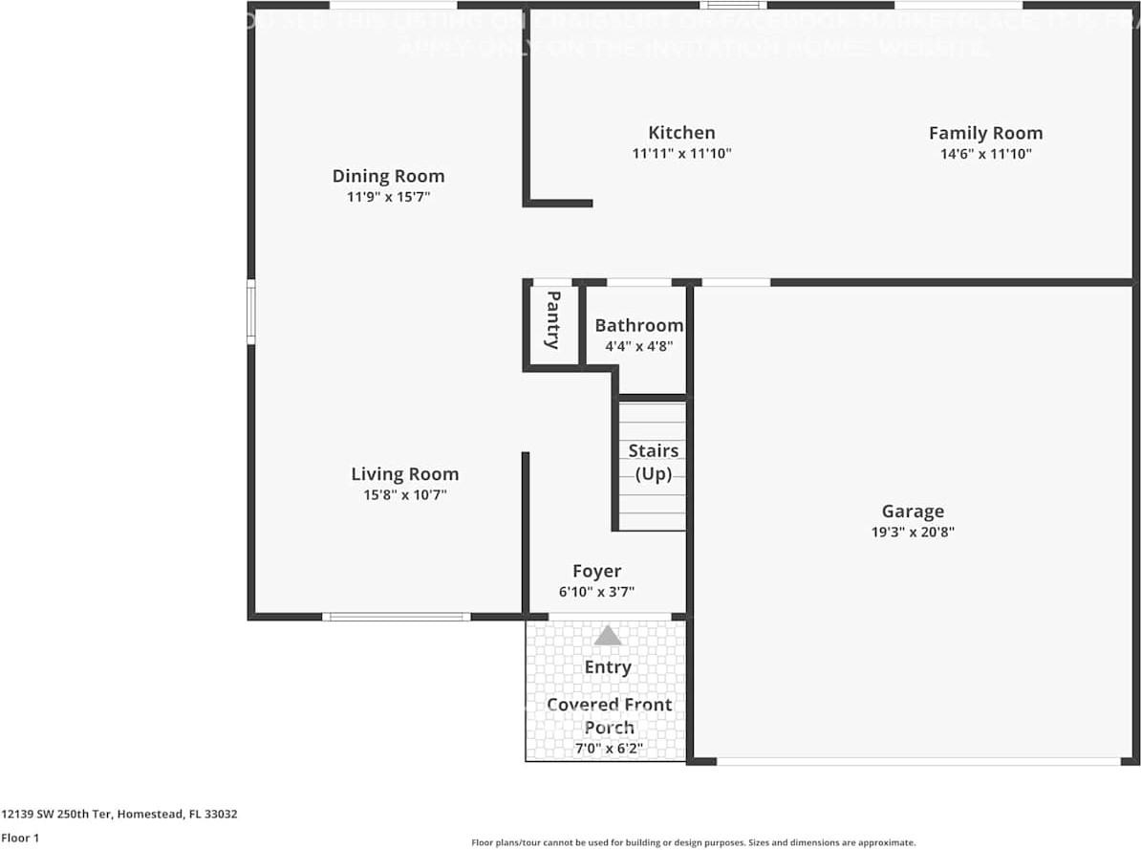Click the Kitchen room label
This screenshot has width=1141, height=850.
pyautogui.click(x=681, y=133)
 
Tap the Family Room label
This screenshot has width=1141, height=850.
pyautogui.click(x=985, y=133)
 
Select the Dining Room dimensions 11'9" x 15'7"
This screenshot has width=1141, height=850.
pyautogui.click(x=388, y=197)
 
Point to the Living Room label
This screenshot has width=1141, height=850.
pyautogui.click(x=404, y=474)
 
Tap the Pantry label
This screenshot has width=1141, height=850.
pyautogui.click(x=552, y=320)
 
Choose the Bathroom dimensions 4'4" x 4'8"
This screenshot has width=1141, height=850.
pyautogui.click(x=638, y=346)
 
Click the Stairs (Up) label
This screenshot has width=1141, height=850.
pyautogui.click(x=654, y=462)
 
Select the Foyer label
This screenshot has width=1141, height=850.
pyautogui.click(x=596, y=572)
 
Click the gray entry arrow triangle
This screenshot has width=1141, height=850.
pyautogui.click(x=608, y=636)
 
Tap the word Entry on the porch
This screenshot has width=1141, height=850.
pyautogui.click(x=608, y=667)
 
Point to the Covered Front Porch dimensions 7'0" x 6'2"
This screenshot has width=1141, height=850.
pyautogui.click(x=608, y=750)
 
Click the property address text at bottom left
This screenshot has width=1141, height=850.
pyautogui.click(x=118, y=815)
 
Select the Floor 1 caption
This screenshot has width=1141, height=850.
pyautogui.click(x=20, y=838)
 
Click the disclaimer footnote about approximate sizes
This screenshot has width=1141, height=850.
pyautogui.click(x=694, y=842)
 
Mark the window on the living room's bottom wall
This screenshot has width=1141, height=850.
pyautogui.click(x=396, y=617)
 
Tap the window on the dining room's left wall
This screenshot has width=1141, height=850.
pyautogui.click(x=251, y=312)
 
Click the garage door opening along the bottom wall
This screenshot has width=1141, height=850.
pyautogui.click(x=917, y=761)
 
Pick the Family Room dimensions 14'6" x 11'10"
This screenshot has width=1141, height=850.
pyautogui.click(x=985, y=154)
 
